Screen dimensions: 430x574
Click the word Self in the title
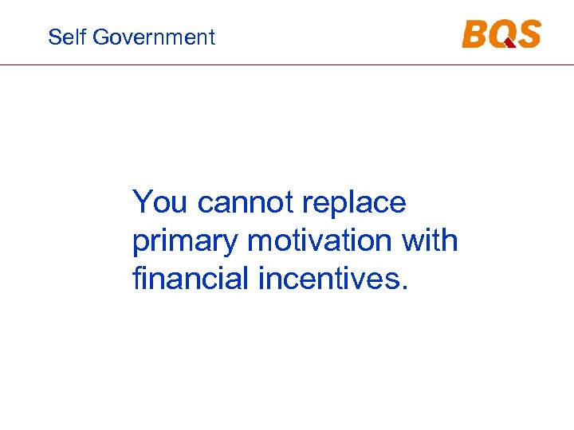[63, 37]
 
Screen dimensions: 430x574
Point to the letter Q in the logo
[502, 35]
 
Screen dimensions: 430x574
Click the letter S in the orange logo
[528, 34]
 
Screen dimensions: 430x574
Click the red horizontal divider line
[287, 64]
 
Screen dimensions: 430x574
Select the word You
[161, 202]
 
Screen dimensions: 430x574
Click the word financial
[191, 279]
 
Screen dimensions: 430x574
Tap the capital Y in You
[142, 202]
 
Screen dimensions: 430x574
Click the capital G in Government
[99, 37]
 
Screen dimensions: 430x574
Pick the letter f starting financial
[137, 279]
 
